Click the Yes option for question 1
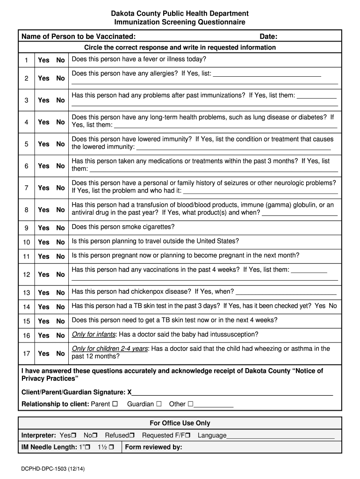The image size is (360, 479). point(43,60)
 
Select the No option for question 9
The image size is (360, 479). point(60,228)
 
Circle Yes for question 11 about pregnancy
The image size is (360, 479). point(43,256)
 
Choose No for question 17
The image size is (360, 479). point(60,354)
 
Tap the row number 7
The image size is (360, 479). point(27,188)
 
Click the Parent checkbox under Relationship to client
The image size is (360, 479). point(115,404)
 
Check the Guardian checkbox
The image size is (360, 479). point(159,404)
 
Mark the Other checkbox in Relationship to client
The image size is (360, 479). point(190,404)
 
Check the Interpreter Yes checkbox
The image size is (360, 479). point(74,435)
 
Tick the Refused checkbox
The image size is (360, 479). point(132,435)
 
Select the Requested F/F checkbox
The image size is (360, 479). point(188,435)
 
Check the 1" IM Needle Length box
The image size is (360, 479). point(88,448)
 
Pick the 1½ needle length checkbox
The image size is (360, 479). point(111,448)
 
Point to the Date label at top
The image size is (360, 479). point(268,36)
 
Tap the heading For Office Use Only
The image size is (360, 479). point(180,423)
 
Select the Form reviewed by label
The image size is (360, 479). point(154,447)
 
